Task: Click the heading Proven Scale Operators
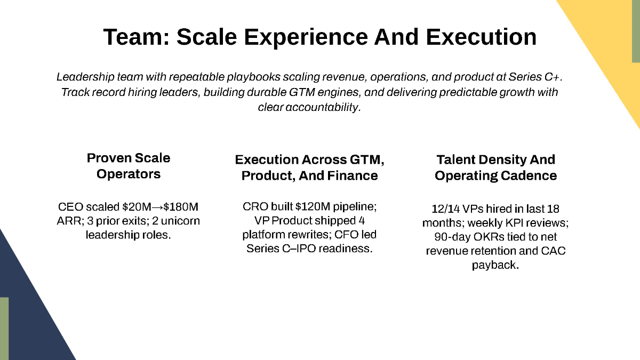(129, 166)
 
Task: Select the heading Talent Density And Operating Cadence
(495, 167)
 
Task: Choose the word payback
(495, 265)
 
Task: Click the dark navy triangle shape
(32, 315)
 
